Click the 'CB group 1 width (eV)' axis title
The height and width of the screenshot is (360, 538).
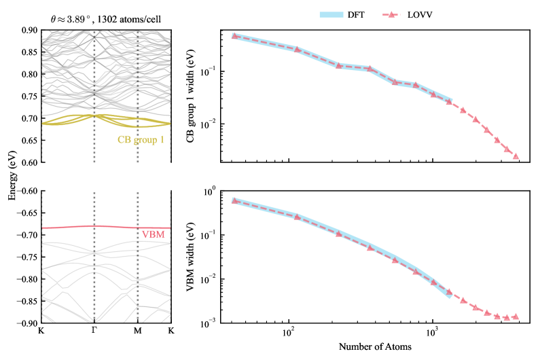coord(199,95)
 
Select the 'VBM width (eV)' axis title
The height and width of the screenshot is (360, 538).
coord(199,257)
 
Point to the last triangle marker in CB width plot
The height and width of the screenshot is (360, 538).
coord(516,156)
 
